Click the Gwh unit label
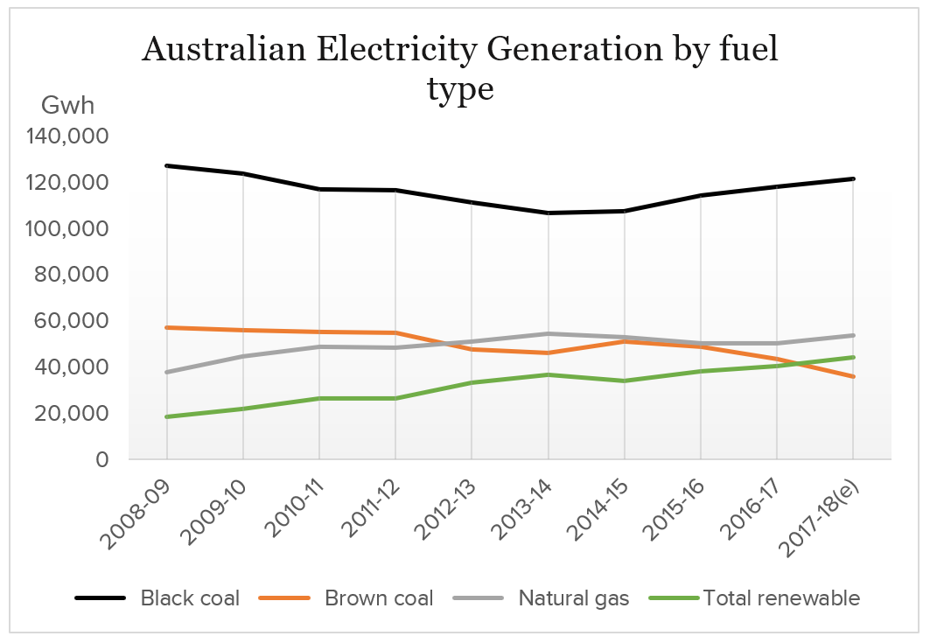tap(67, 106)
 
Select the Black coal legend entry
tap(157, 598)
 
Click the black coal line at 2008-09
tap(166, 165)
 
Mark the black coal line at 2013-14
tap(549, 213)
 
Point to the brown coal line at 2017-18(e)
tap(853, 376)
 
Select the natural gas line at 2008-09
tap(166, 372)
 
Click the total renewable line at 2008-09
tap(166, 416)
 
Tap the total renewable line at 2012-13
tap(472, 382)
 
